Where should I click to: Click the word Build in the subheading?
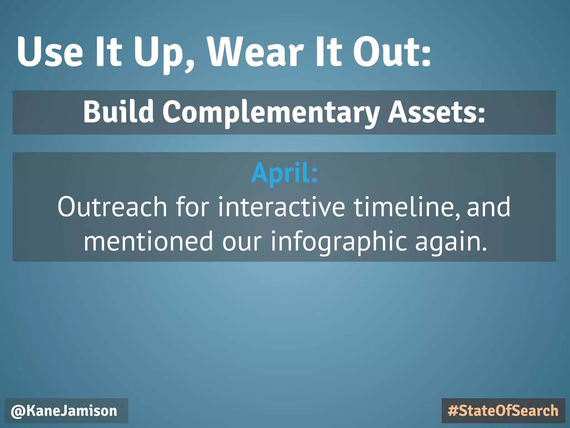pyautogui.click(x=119, y=111)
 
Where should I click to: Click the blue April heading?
pyautogui.click(x=284, y=173)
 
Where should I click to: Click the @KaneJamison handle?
pyautogui.click(x=64, y=411)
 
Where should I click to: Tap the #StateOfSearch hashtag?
pyautogui.click(x=503, y=411)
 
